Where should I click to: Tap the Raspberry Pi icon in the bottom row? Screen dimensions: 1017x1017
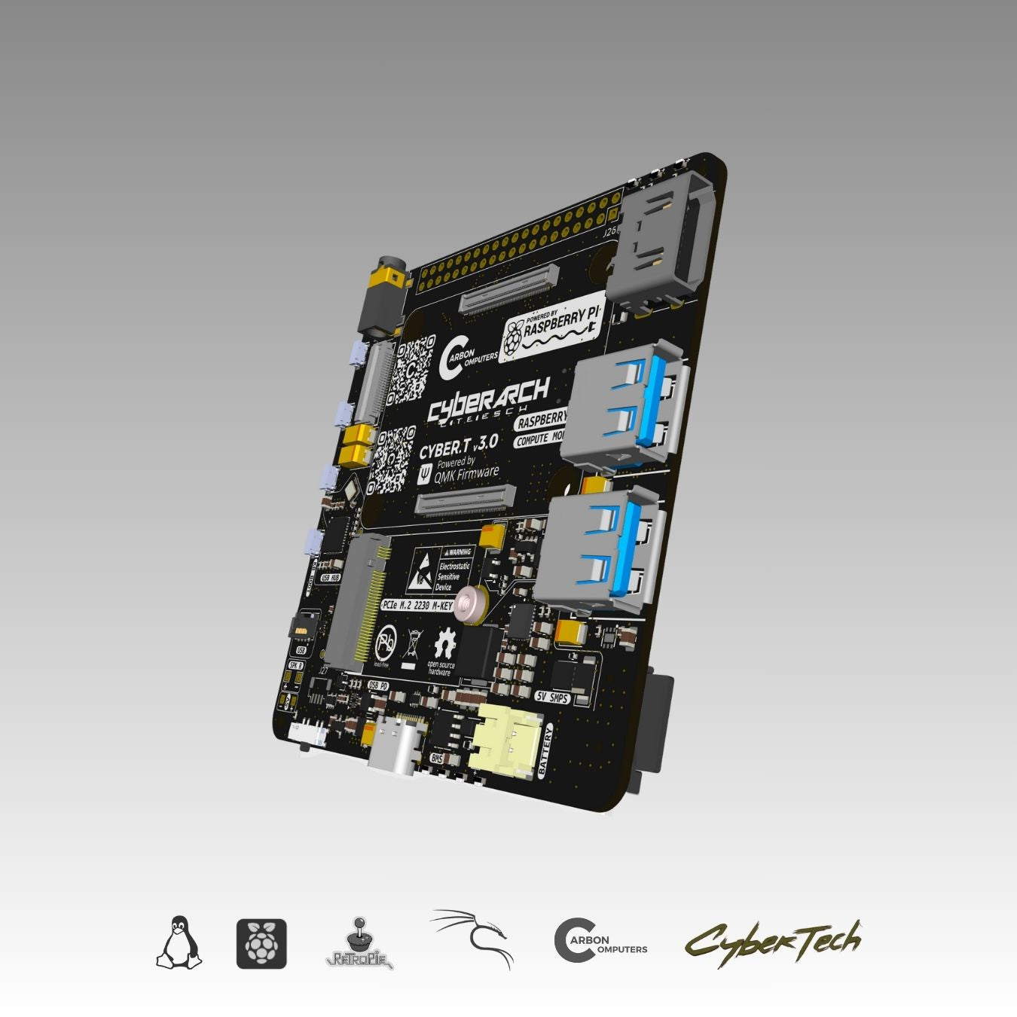[x=261, y=943]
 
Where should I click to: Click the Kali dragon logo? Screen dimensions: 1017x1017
[x=473, y=938]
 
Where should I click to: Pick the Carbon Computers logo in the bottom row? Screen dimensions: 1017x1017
[x=600, y=941]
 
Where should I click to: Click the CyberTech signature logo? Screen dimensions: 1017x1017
[x=772, y=942]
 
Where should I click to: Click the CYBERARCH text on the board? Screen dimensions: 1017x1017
[x=488, y=399]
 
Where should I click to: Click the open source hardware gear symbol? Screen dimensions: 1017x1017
[x=444, y=645]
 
